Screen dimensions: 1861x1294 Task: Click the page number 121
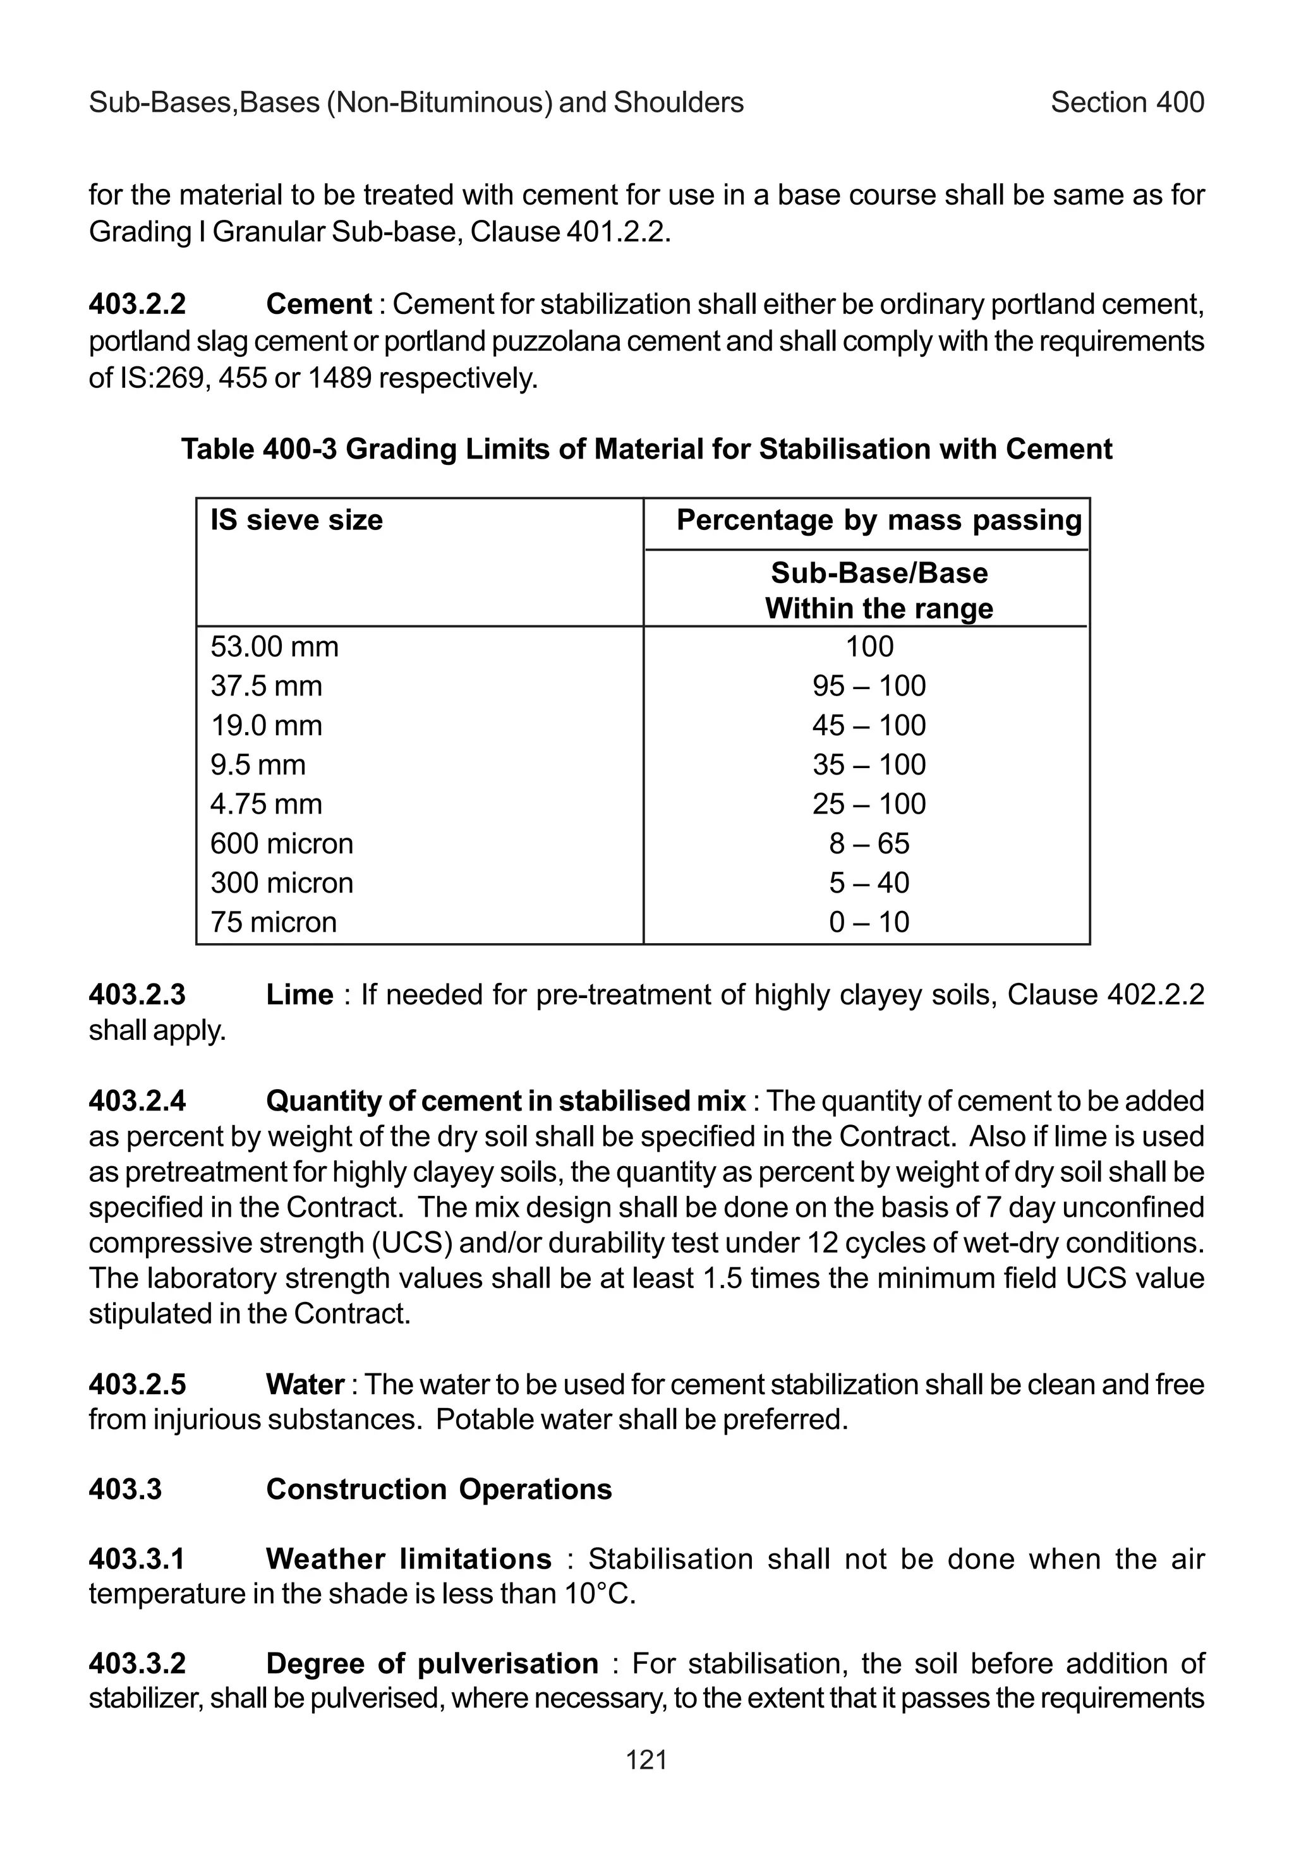pos(646,1760)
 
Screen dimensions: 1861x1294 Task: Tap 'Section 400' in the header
pos(1127,102)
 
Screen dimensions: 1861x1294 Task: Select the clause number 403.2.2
pos(137,304)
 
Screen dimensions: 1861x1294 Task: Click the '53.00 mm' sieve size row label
pos(274,647)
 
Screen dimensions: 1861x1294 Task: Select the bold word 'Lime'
pos(299,994)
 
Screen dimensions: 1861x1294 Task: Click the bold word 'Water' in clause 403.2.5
pos(305,1385)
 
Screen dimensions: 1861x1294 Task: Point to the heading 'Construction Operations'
pos(438,1490)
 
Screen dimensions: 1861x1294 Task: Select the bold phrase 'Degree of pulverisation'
pos(432,1664)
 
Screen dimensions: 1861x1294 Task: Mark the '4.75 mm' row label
pos(266,804)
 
